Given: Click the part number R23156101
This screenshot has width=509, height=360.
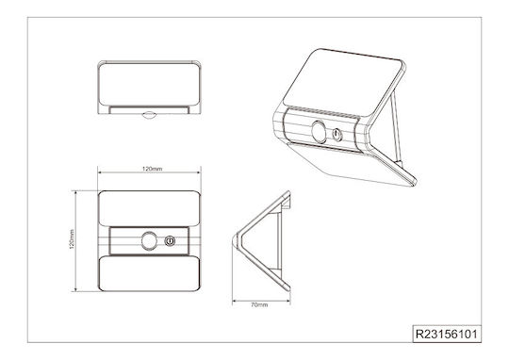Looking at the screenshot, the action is [x=447, y=334].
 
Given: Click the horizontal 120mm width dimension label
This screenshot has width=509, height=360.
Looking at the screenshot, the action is [x=153, y=169].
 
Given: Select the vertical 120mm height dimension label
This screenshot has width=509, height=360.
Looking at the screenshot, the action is [x=72, y=239].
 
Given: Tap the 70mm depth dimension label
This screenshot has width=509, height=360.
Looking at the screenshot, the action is [x=260, y=304].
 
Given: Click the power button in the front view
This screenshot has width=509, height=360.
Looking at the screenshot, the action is [x=170, y=241].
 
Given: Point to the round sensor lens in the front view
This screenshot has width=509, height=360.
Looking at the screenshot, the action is [x=149, y=241].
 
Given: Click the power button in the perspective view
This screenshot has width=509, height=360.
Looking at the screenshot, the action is [x=337, y=134].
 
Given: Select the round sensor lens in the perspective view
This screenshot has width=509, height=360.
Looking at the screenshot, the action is [x=319, y=132].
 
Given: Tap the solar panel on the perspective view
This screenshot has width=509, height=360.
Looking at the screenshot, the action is [x=344, y=82].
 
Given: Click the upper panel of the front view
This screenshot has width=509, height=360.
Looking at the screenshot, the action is [x=149, y=208].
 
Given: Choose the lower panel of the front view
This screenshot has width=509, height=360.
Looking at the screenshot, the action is [x=149, y=273].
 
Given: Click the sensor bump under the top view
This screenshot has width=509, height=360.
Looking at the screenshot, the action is [x=149, y=115].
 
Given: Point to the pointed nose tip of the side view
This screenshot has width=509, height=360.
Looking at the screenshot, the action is [x=233, y=241].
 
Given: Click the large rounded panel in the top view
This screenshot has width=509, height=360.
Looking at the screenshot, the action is [x=149, y=85].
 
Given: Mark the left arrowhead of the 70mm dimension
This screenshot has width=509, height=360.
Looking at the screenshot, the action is [x=235, y=301].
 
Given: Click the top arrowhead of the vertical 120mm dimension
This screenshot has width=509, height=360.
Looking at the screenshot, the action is [x=75, y=193].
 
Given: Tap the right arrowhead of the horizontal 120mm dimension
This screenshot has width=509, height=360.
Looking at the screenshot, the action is [x=199, y=172].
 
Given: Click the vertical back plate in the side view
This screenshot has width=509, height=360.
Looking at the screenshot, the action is [x=279, y=241].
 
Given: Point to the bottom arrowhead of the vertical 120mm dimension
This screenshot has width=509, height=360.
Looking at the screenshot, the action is [x=75, y=289].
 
